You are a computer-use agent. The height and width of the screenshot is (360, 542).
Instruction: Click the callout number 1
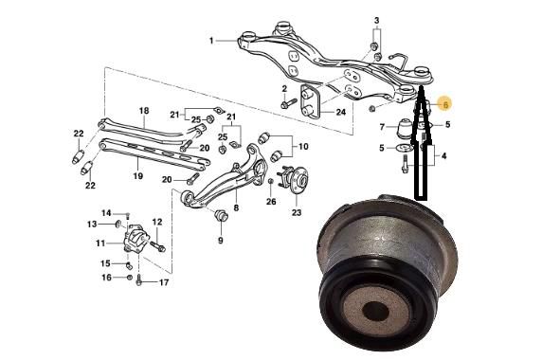[211, 41]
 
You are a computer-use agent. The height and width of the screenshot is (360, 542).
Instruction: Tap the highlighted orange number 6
[445, 104]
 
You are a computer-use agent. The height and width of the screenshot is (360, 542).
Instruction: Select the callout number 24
[341, 113]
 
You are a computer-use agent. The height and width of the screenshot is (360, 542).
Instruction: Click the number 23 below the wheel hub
[297, 212]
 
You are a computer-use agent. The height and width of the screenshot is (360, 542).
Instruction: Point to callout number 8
[236, 208]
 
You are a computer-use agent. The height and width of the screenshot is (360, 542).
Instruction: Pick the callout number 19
[138, 176]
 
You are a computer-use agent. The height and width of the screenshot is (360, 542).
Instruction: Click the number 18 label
[144, 111]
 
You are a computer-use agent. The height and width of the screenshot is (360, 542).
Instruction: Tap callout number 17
[164, 282]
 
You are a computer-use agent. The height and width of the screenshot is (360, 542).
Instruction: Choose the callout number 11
[100, 243]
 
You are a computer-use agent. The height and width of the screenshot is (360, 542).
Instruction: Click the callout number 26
[271, 201]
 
